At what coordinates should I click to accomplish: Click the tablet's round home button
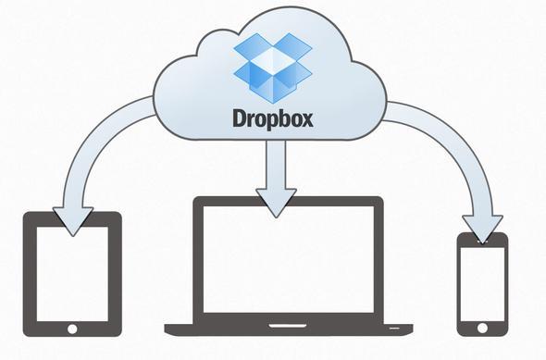click(72, 328)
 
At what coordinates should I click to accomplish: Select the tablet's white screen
click(72, 270)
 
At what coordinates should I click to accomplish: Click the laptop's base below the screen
click(287, 328)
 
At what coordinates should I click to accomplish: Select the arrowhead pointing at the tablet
click(73, 218)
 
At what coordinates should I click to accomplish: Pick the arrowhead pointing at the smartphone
click(481, 226)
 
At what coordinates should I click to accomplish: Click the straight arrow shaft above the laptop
click(274, 167)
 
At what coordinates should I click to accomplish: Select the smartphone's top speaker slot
click(483, 241)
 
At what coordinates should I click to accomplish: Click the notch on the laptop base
click(287, 325)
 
